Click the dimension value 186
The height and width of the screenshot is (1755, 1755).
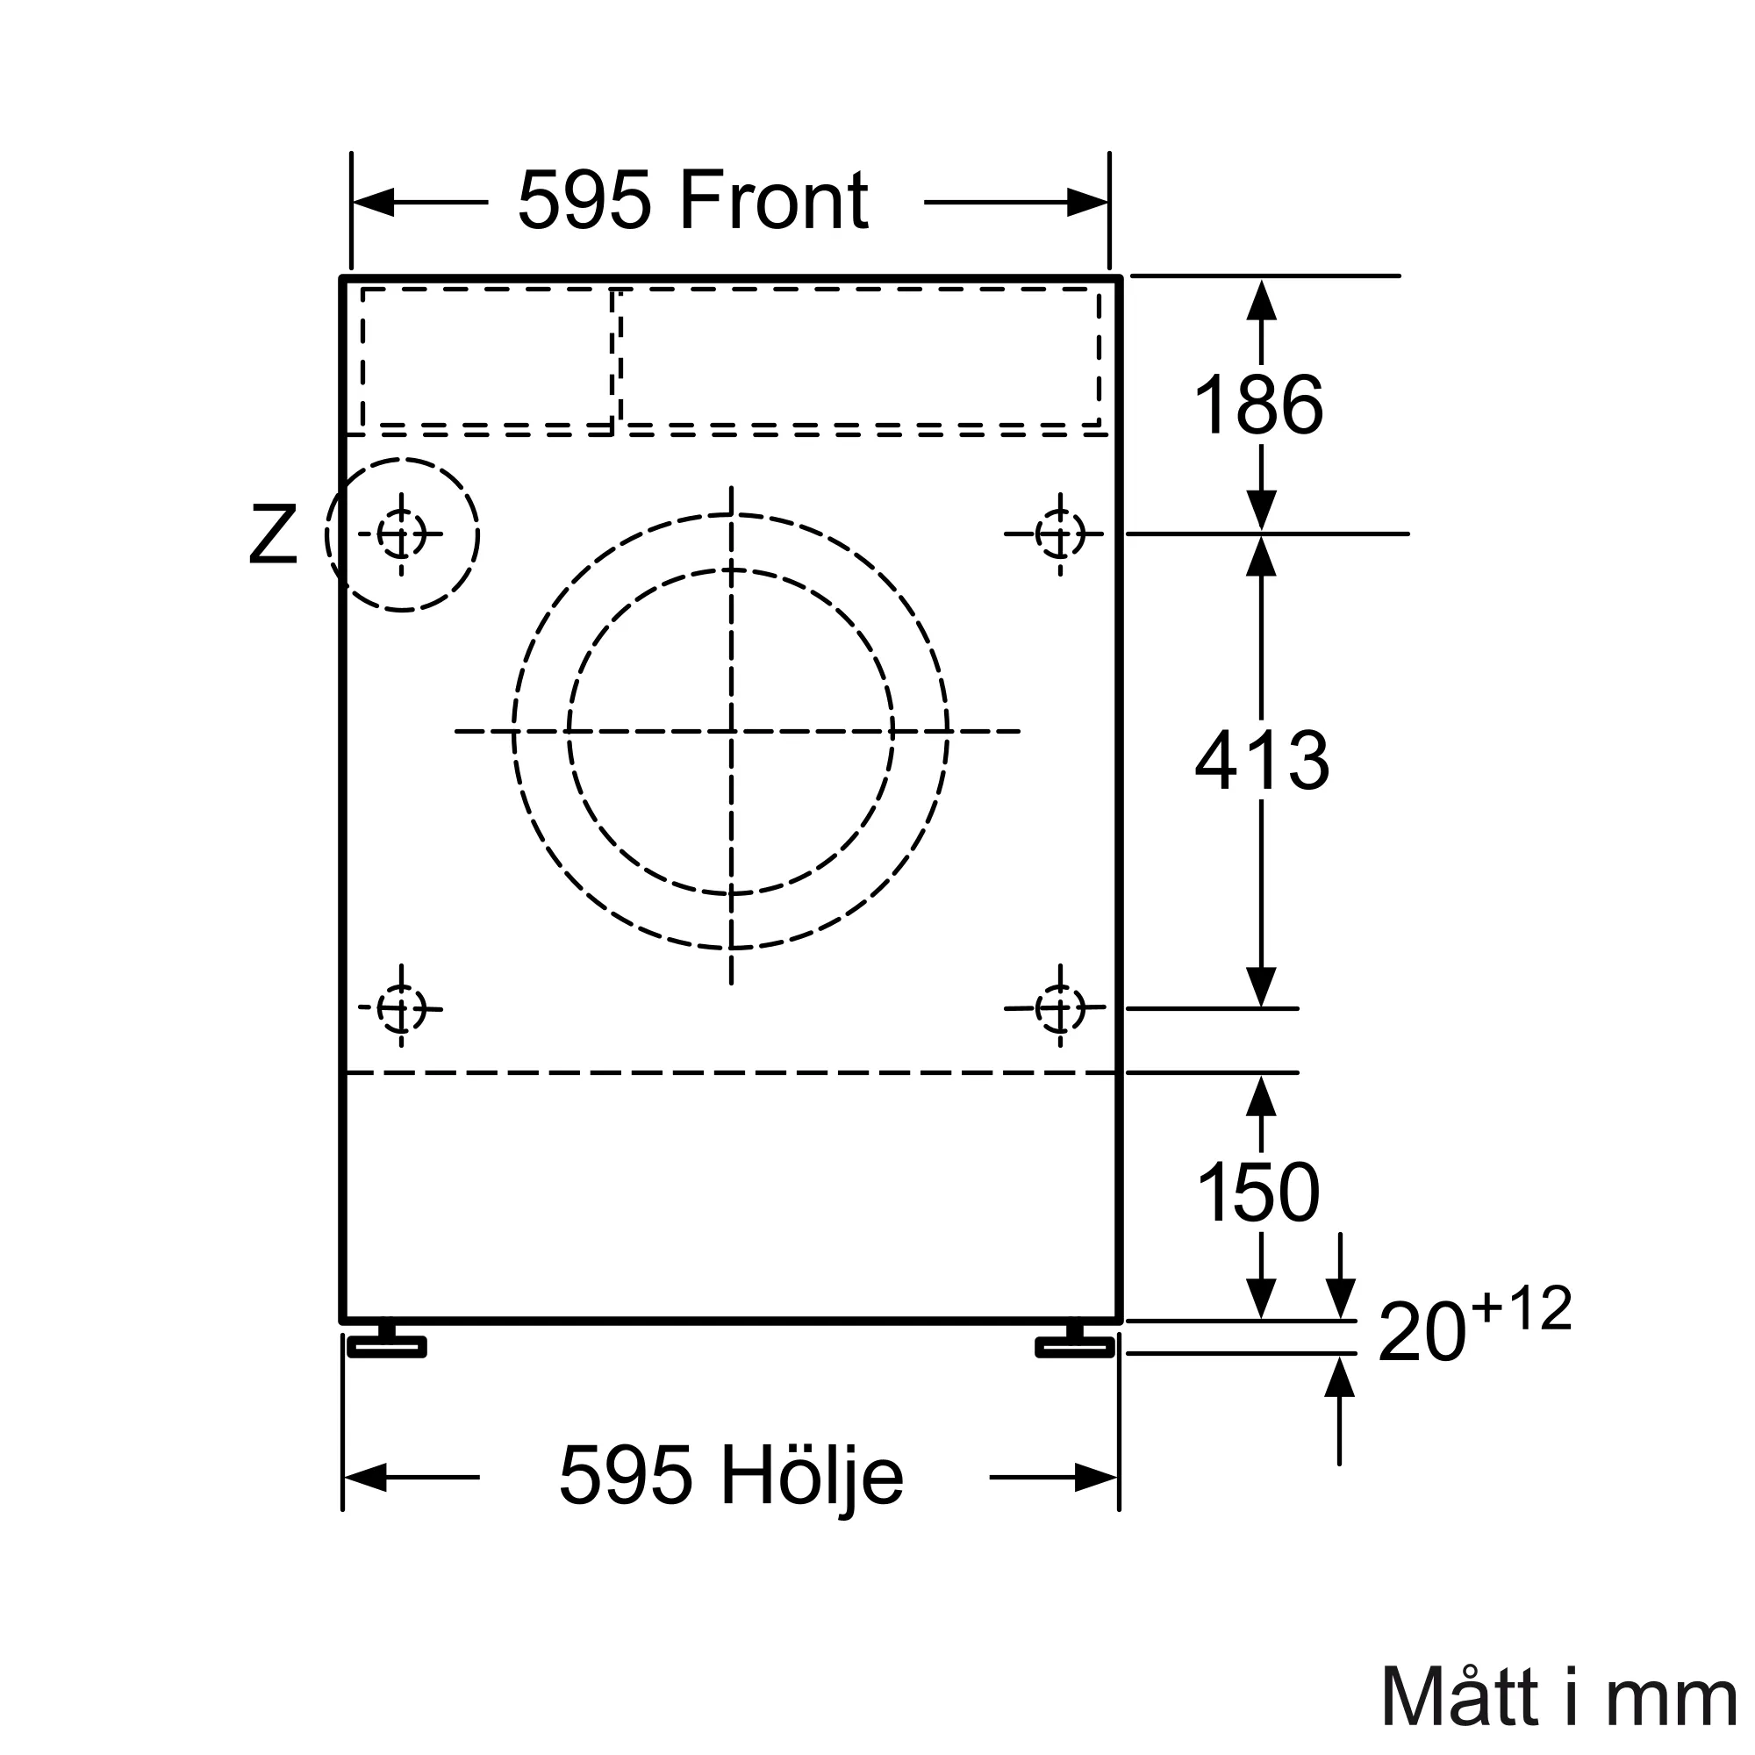pyautogui.click(x=1258, y=405)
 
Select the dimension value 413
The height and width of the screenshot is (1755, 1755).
pyautogui.click(x=1262, y=761)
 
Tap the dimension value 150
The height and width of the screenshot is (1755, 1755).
pyautogui.click(x=1258, y=1193)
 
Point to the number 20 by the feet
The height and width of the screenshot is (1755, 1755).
pyautogui.click(x=1422, y=1333)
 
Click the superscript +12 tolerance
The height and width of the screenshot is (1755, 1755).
pyautogui.click(x=1522, y=1309)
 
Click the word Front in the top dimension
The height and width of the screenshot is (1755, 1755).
pyautogui.click(x=773, y=201)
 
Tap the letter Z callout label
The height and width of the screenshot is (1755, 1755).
pyautogui.click(x=273, y=536)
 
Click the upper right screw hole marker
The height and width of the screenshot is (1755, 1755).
pyautogui.click(x=1060, y=534)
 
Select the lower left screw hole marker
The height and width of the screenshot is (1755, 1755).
pyautogui.click(x=402, y=1008)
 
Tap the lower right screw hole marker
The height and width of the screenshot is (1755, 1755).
pyautogui.click(x=1060, y=1008)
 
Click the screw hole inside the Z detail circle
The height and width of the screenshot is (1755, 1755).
pyautogui.click(x=402, y=534)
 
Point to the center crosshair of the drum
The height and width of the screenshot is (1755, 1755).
pyautogui.click(x=731, y=731)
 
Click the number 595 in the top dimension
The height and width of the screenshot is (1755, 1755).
pyautogui.click(x=584, y=201)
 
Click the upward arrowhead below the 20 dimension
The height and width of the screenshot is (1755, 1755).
pyautogui.click(x=1339, y=1378)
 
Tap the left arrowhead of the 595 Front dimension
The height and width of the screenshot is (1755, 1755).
pyautogui.click(x=373, y=202)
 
